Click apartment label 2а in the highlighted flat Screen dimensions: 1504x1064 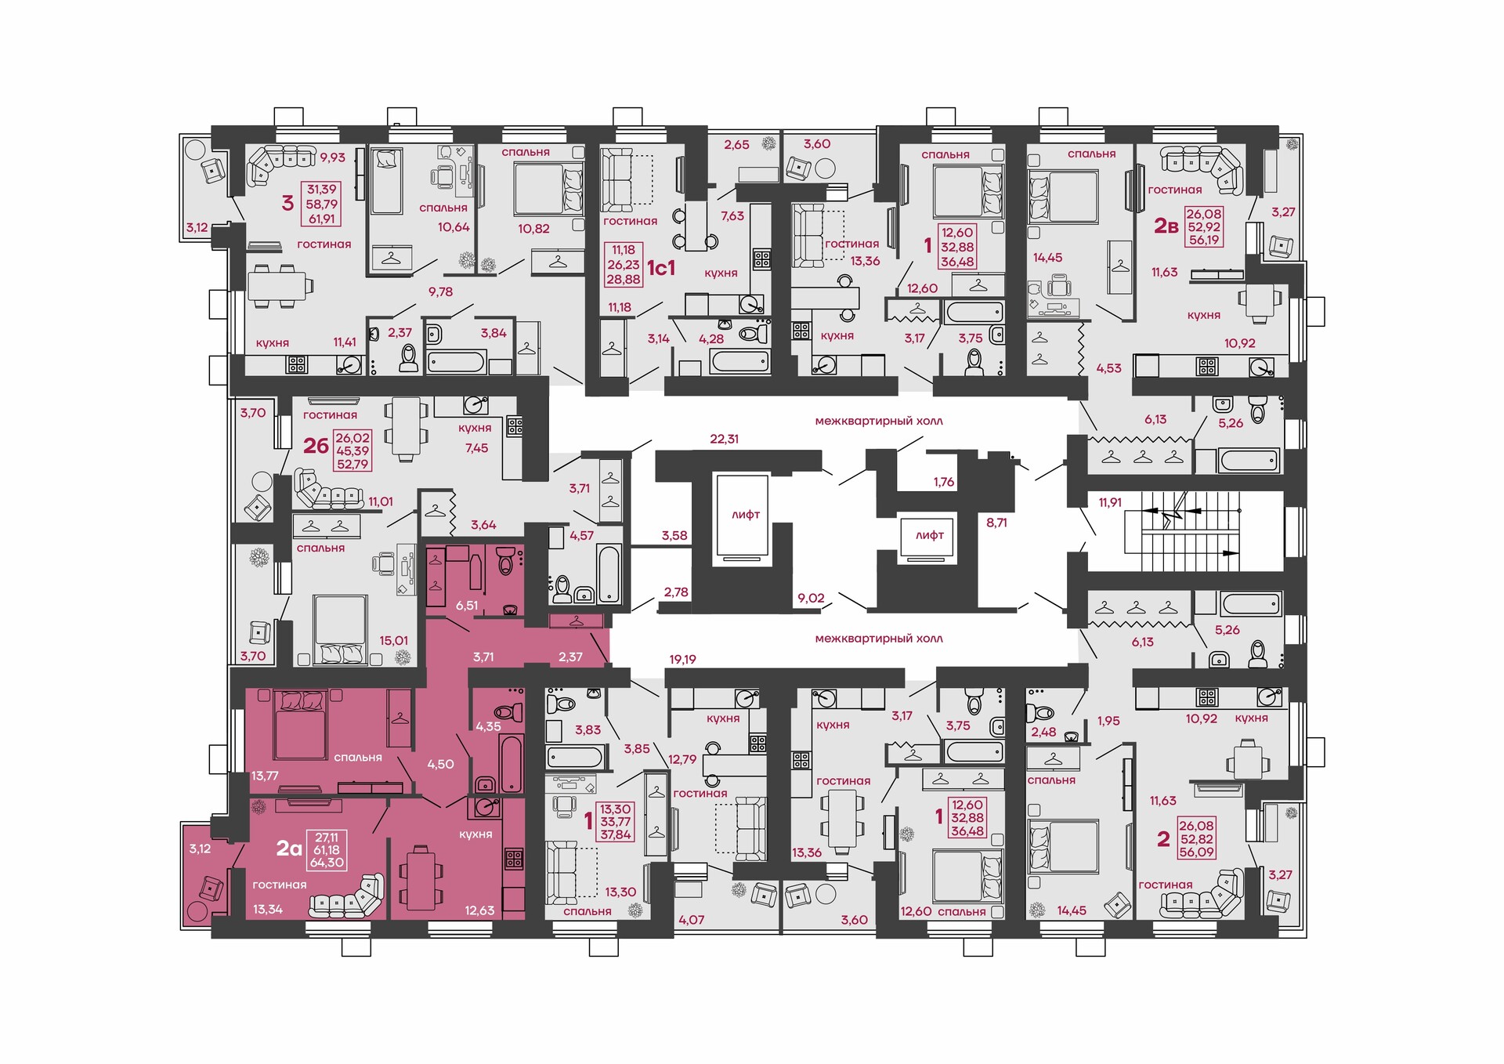tap(289, 849)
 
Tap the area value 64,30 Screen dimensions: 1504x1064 tap(327, 863)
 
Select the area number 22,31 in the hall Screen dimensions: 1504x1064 tap(724, 439)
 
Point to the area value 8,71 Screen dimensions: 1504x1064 tap(996, 523)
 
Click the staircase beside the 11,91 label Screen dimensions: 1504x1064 tap(1183, 523)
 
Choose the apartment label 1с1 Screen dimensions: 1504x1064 tap(660, 268)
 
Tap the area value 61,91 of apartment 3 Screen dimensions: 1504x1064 tap(321, 219)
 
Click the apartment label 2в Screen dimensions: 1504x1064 tap(1166, 226)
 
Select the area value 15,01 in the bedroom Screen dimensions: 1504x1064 tap(393, 641)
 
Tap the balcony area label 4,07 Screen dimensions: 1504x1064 tap(691, 920)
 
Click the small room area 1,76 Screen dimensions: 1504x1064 tap(944, 482)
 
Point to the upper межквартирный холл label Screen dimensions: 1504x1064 tap(879, 422)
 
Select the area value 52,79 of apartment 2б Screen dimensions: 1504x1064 tap(352, 464)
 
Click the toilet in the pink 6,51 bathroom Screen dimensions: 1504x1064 tap(505, 562)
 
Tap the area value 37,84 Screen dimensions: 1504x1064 tap(616, 835)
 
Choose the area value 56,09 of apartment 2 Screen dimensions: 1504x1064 tap(1196, 852)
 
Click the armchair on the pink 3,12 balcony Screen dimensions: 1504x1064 tap(210, 888)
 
